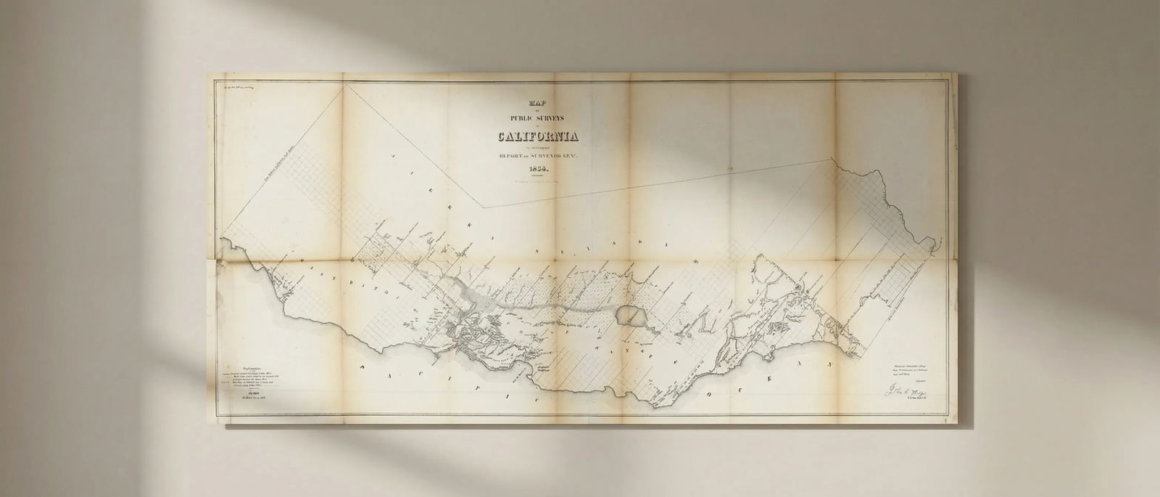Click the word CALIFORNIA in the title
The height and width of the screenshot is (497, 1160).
[537, 136]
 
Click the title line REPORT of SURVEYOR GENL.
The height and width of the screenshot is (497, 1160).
[537, 155]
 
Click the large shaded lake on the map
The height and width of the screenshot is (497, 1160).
[628, 316]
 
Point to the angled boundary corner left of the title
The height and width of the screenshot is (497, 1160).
[484, 208]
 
